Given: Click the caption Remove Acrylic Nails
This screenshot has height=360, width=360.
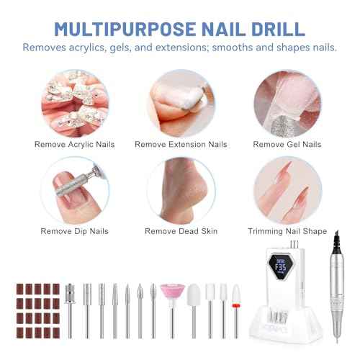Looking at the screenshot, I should pos(73,143).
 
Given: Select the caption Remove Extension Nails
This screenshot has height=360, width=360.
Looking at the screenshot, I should pos(181,143).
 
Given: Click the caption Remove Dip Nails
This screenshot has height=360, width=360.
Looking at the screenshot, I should pos(73,231).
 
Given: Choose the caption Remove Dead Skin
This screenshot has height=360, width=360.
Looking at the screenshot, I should pos(181,231).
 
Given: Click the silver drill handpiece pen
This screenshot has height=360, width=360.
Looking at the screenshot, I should pos(334,295).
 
